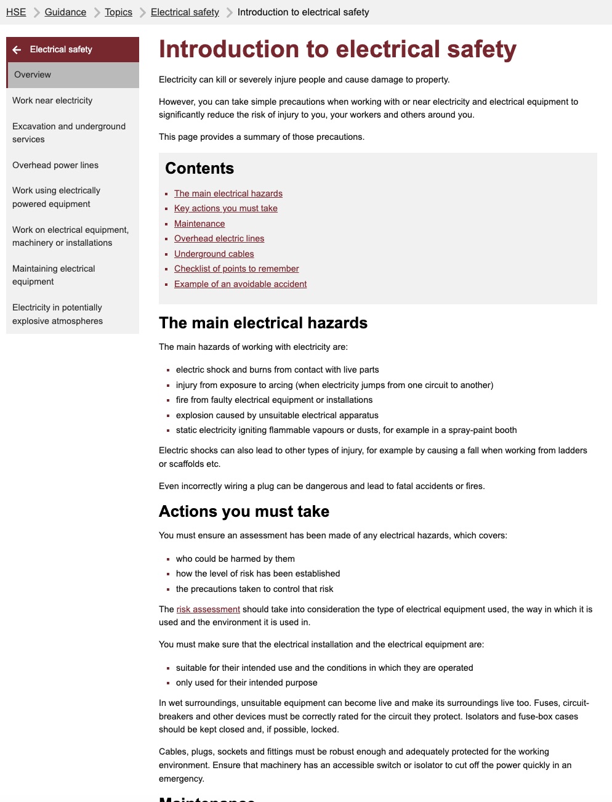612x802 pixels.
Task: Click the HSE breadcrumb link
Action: (16, 12)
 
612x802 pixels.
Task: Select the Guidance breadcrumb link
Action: (65, 12)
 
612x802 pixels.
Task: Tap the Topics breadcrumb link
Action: (118, 12)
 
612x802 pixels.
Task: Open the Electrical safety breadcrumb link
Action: (185, 12)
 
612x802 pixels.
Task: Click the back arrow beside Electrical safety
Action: (17, 50)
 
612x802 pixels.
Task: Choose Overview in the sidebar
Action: (33, 75)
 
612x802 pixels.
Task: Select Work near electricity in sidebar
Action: (52, 100)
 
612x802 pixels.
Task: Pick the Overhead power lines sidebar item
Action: (55, 165)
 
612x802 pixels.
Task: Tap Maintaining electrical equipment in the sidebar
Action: (54, 275)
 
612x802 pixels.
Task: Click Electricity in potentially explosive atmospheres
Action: (57, 314)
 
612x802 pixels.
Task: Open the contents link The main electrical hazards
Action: (228, 193)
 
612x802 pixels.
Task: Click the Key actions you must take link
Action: (225, 208)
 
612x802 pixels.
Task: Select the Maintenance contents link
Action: (199, 224)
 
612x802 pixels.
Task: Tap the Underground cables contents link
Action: (214, 254)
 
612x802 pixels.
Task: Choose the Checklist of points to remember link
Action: (236, 269)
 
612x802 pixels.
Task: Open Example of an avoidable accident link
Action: (240, 284)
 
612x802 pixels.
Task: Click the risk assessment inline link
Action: (208, 609)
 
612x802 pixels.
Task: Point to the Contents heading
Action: (199, 168)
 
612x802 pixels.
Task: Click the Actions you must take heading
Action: (244, 511)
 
